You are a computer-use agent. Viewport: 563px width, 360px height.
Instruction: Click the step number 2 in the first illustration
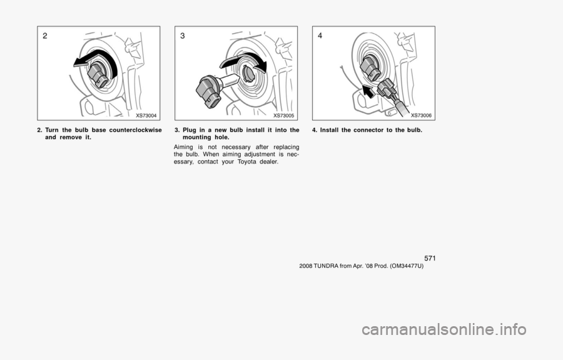(45, 36)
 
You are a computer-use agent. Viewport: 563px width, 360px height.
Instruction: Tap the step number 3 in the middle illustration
(183, 36)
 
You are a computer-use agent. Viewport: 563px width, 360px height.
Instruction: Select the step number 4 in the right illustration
(320, 36)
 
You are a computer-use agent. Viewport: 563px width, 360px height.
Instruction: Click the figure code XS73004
(146, 115)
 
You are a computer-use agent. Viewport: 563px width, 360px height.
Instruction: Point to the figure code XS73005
(283, 115)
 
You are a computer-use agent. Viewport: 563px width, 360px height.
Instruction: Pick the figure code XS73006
(421, 115)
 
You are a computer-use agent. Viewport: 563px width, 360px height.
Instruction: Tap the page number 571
(430, 259)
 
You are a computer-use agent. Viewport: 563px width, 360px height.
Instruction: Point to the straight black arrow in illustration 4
(368, 91)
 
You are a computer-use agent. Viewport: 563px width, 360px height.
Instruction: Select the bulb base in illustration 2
(98, 75)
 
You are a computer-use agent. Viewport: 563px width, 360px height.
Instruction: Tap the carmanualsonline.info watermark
(444, 329)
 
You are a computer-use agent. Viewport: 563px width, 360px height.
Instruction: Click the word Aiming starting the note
(183, 147)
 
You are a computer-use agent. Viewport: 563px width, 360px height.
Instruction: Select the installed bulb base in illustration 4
(370, 68)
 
